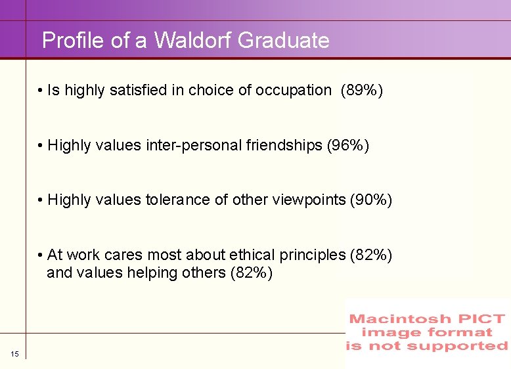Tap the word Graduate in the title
[x=283, y=41]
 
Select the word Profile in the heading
[x=74, y=41]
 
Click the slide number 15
[x=14, y=355]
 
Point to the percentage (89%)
[x=361, y=90]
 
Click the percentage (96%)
[x=348, y=144]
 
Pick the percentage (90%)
[x=371, y=199]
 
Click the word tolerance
[x=181, y=199]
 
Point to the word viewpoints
[x=303, y=199]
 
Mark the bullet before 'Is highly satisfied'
[x=41, y=91]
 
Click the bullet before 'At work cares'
[x=41, y=255]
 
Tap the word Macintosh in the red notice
[x=398, y=320]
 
